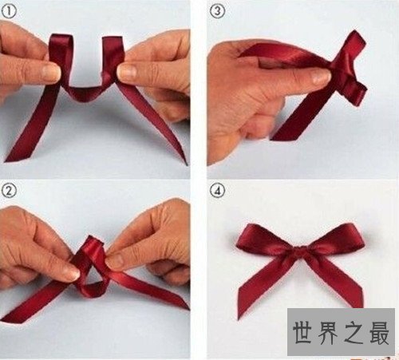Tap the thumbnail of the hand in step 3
pos(318,77)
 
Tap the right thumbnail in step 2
pos(116,260)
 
